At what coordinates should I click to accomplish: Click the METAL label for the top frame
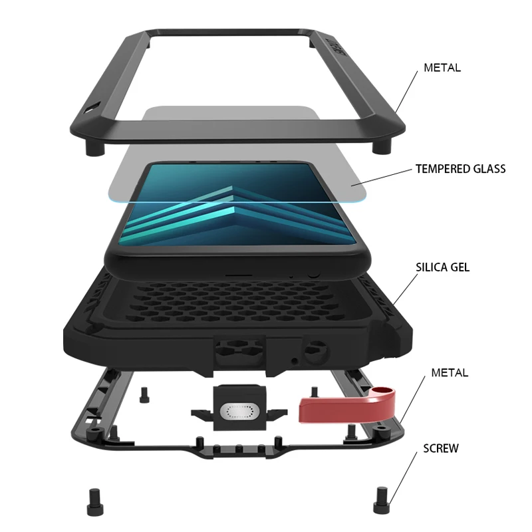click(442, 68)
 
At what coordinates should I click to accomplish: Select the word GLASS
click(489, 169)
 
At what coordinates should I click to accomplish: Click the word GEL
click(462, 267)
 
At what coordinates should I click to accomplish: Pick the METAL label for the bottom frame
click(450, 372)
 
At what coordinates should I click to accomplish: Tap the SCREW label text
click(441, 448)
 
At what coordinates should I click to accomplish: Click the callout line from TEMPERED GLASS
click(382, 176)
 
